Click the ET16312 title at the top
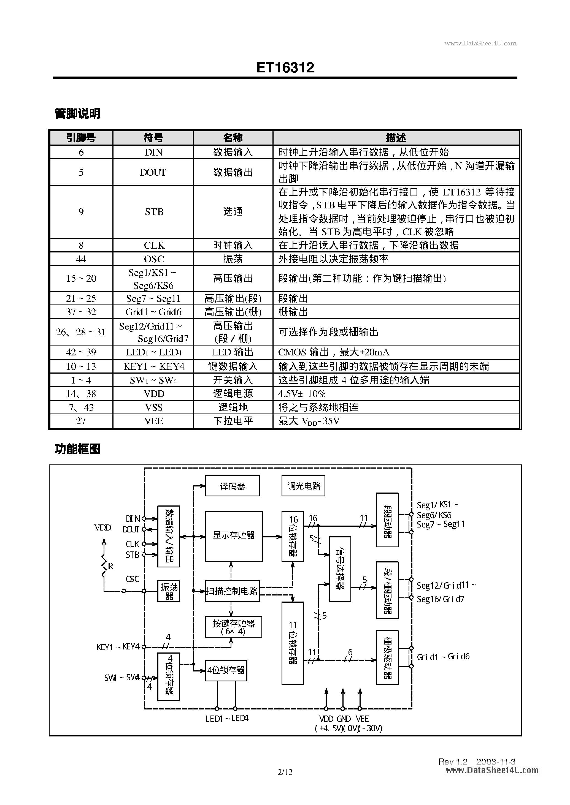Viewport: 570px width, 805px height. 285,67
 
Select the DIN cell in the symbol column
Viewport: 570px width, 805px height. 153,152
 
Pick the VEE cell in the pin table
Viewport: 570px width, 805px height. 153,421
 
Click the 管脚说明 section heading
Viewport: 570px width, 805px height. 77,113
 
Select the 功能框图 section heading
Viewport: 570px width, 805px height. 77,449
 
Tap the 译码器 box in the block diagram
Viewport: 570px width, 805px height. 232,486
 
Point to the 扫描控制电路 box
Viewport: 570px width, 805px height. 232,591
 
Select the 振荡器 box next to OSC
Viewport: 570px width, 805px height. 169,591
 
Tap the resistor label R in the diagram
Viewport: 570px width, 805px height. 110,566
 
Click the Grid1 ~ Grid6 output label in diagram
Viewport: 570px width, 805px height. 443,657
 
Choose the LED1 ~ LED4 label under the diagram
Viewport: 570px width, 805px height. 227,718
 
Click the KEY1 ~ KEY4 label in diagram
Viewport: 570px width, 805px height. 118,647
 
